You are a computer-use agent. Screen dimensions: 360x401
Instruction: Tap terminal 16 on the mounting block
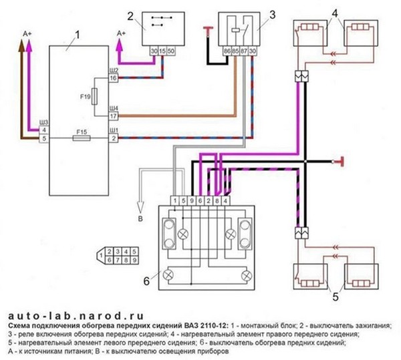click(x=114, y=79)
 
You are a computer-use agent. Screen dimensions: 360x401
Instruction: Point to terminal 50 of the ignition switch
click(x=172, y=51)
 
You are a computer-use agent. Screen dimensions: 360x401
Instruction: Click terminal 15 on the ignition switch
click(x=162, y=51)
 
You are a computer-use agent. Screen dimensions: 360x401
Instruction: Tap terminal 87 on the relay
click(x=243, y=51)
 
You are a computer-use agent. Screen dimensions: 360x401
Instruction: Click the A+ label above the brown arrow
click(x=27, y=32)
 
